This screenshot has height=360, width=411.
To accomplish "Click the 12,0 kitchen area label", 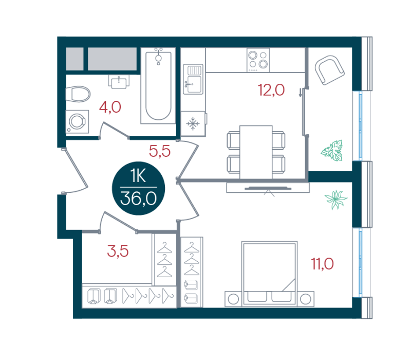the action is [271, 90].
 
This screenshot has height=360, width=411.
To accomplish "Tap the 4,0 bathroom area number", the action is [110, 107].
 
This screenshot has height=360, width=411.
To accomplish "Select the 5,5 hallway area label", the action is [160, 151].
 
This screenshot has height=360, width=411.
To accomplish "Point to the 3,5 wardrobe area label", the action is [118, 251].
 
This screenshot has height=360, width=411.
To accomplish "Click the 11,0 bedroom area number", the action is [322, 264].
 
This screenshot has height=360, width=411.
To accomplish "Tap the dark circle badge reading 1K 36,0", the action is [138, 188].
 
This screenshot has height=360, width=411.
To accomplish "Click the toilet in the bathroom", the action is [78, 94].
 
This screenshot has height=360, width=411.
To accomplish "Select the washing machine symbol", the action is [77, 121].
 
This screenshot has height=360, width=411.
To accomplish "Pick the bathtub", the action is [158, 85].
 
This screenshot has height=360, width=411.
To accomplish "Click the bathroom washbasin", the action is [119, 81].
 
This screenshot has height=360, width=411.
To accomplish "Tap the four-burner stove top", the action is [258, 60].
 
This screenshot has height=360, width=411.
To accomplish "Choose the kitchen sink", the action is [193, 79].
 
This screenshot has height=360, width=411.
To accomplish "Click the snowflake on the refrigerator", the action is [193, 123].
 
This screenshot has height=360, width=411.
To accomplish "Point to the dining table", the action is [256, 152].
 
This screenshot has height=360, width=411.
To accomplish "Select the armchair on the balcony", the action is [329, 70].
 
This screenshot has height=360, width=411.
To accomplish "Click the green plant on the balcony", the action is [332, 150].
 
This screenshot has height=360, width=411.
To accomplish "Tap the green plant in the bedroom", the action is [336, 200].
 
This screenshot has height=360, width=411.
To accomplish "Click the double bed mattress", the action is [269, 274].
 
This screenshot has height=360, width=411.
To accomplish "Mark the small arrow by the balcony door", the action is [301, 93].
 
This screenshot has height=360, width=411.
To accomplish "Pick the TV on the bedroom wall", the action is [268, 188].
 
